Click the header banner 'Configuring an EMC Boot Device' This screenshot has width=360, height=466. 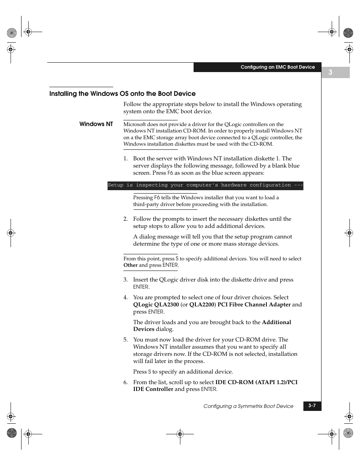277,67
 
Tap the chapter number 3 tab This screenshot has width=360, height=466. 331,72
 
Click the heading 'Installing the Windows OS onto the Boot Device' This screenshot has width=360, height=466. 122,94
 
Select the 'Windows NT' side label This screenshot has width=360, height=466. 96,124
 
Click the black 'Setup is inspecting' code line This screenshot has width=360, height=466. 205,185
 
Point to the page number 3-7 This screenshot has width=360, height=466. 312,406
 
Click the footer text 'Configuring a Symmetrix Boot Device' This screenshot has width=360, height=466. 248,406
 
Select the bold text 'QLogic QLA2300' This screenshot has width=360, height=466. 156,305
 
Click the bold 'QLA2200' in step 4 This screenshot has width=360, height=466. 202,305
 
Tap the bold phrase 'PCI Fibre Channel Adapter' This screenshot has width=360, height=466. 254,305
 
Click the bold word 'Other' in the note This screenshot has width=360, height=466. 130,265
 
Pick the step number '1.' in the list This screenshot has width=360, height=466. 126,158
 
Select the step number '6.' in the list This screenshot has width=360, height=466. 126,382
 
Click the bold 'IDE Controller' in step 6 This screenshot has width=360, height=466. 153,389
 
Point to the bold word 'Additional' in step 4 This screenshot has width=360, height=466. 276,322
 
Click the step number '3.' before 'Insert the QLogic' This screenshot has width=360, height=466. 126,280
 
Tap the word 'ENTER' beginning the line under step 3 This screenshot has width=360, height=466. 141,287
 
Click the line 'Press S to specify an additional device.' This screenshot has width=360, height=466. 183,372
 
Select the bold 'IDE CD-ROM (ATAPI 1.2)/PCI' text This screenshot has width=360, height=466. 256,382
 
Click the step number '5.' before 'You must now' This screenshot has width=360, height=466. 126,340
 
